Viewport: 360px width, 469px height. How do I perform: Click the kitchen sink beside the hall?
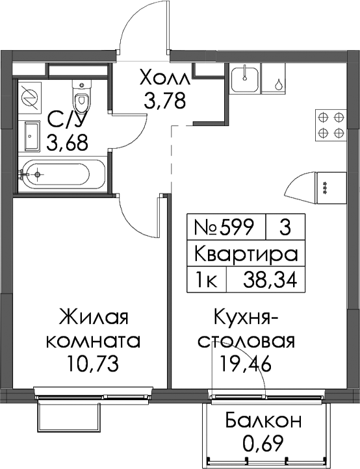point(245,79)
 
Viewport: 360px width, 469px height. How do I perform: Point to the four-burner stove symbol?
point(330,125)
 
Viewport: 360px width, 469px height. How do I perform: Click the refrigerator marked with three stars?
point(330,188)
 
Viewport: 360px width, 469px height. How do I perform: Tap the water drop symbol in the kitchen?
point(279,84)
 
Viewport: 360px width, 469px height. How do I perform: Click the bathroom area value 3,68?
point(68,143)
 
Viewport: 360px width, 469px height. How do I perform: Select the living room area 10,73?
point(94,363)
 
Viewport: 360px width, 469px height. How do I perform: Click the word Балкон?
point(263,420)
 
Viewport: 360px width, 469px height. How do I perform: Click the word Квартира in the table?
point(246,253)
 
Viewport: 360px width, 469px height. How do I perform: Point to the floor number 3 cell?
point(285,227)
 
